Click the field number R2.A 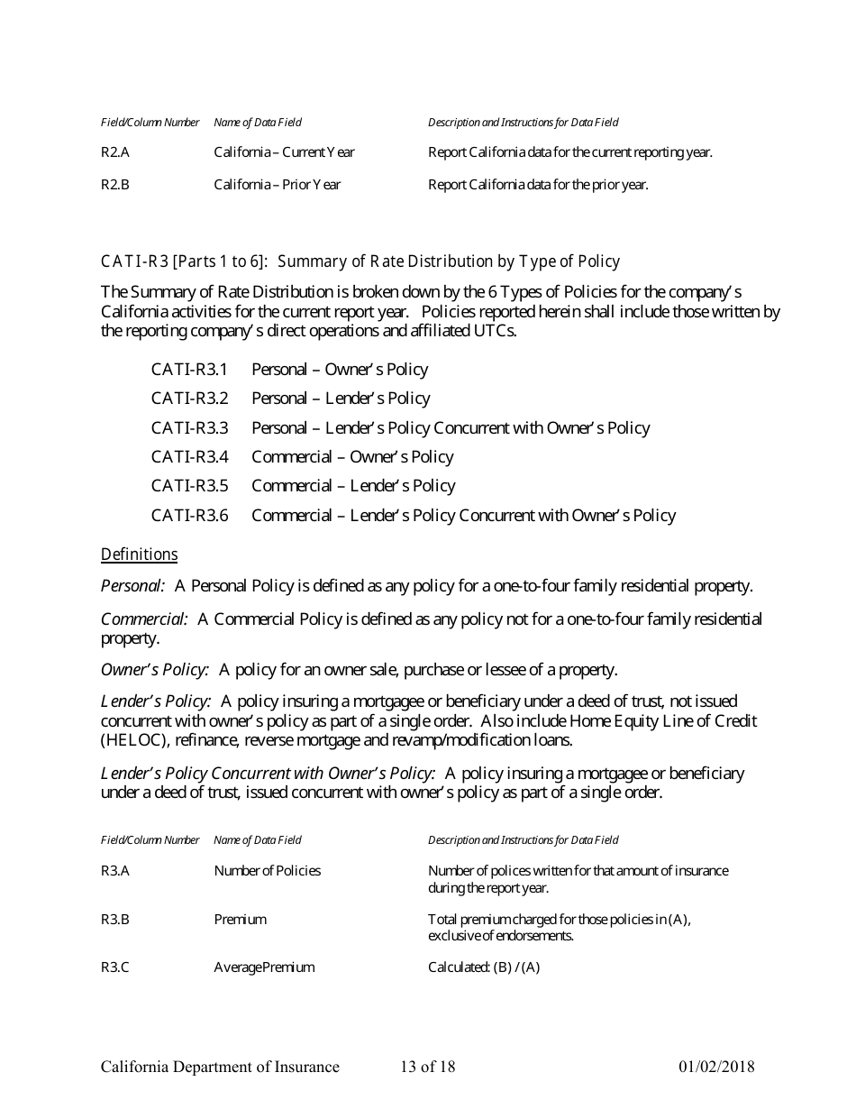click(115, 152)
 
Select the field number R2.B click(115, 185)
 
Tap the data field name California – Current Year click(284, 152)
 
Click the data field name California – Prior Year click(277, 185)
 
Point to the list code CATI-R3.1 click(189, 370)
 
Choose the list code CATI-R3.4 click(189, 457)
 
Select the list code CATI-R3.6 click(189, 516)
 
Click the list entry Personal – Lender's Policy click(341, 399)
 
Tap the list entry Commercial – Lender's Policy click(353, 486)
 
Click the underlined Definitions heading click(139, 554)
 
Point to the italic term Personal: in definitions click(132, 586)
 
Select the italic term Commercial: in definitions click(144, 619)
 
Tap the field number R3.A click(115, 871)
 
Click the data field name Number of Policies click(267, 871)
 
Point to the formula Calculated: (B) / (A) click(484, 967)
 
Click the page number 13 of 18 click(428, 1068)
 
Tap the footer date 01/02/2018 click(716, 1068)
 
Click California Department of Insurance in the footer click(220, 1068)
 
